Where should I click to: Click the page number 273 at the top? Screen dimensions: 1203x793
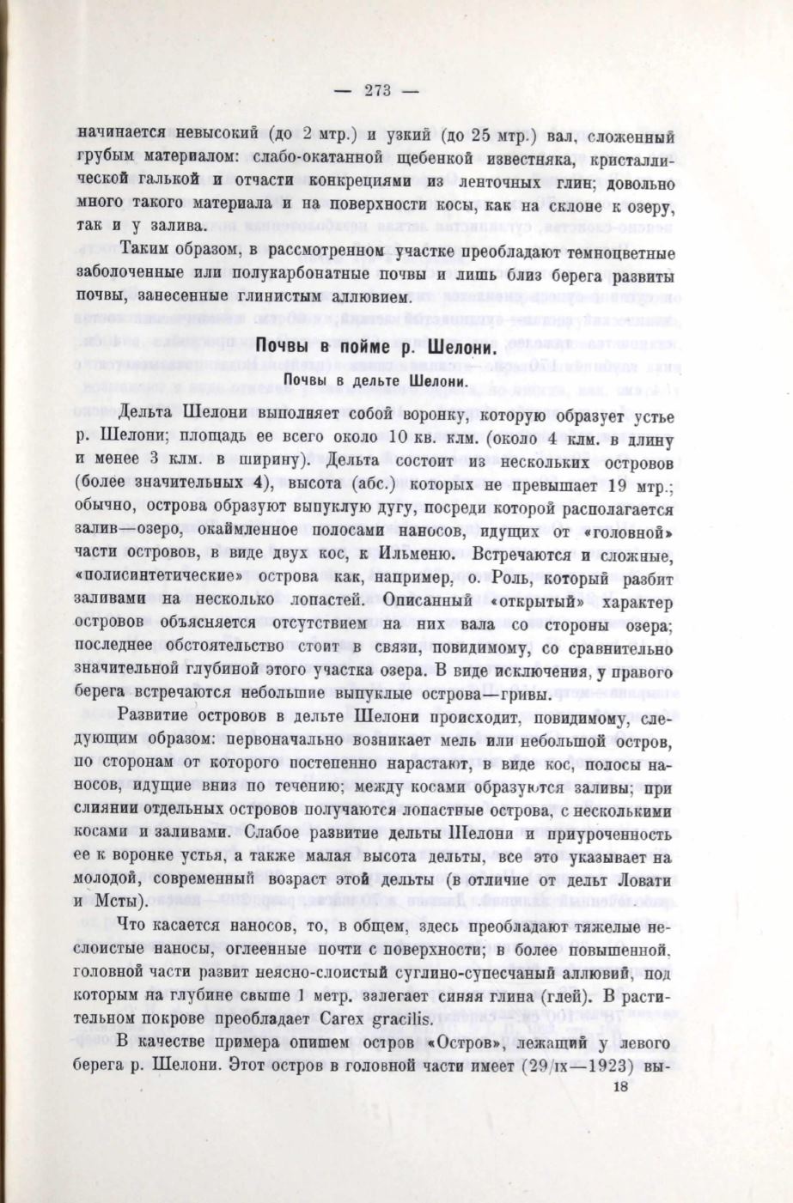pos(377,91)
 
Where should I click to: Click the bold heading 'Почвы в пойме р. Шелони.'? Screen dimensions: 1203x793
pos(376,349)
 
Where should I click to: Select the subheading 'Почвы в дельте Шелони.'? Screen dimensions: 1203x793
pos(375,379)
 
